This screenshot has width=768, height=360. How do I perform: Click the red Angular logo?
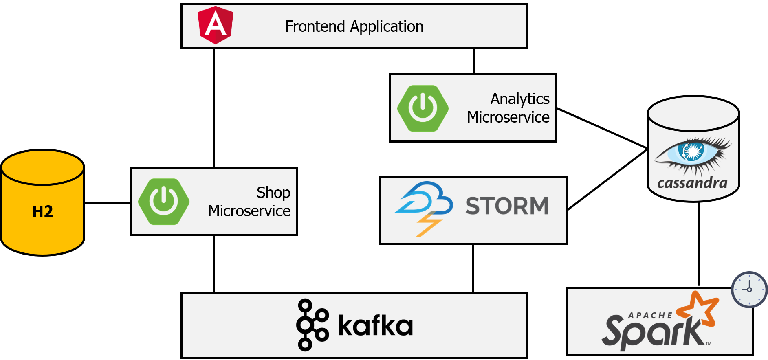point(215,25)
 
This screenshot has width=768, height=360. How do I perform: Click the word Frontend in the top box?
point(315,26)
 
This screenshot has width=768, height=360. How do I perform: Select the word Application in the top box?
point(387,27)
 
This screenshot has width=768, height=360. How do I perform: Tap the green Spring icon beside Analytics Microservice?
point(423,108)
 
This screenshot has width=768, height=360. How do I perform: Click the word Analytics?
point(520,99)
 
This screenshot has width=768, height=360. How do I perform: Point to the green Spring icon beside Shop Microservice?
point(164,202)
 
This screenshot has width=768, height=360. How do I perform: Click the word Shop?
point(273,193)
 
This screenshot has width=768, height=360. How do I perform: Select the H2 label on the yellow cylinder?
point(42,212)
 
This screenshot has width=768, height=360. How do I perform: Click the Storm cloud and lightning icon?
point(424,208)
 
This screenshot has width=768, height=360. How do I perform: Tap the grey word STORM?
point(507,206)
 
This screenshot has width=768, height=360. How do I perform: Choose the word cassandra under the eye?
point(692,183)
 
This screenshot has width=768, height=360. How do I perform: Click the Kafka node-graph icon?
point(312,325)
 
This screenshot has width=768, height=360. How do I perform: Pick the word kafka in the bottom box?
point(375,326)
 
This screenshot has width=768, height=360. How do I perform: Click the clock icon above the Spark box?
point(749,290)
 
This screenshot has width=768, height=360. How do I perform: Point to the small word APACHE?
point(650,315)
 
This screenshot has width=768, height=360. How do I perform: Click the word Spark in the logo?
point(652,332)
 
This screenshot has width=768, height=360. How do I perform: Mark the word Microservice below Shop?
point(249,211)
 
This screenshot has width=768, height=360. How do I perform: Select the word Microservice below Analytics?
point(508,117)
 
